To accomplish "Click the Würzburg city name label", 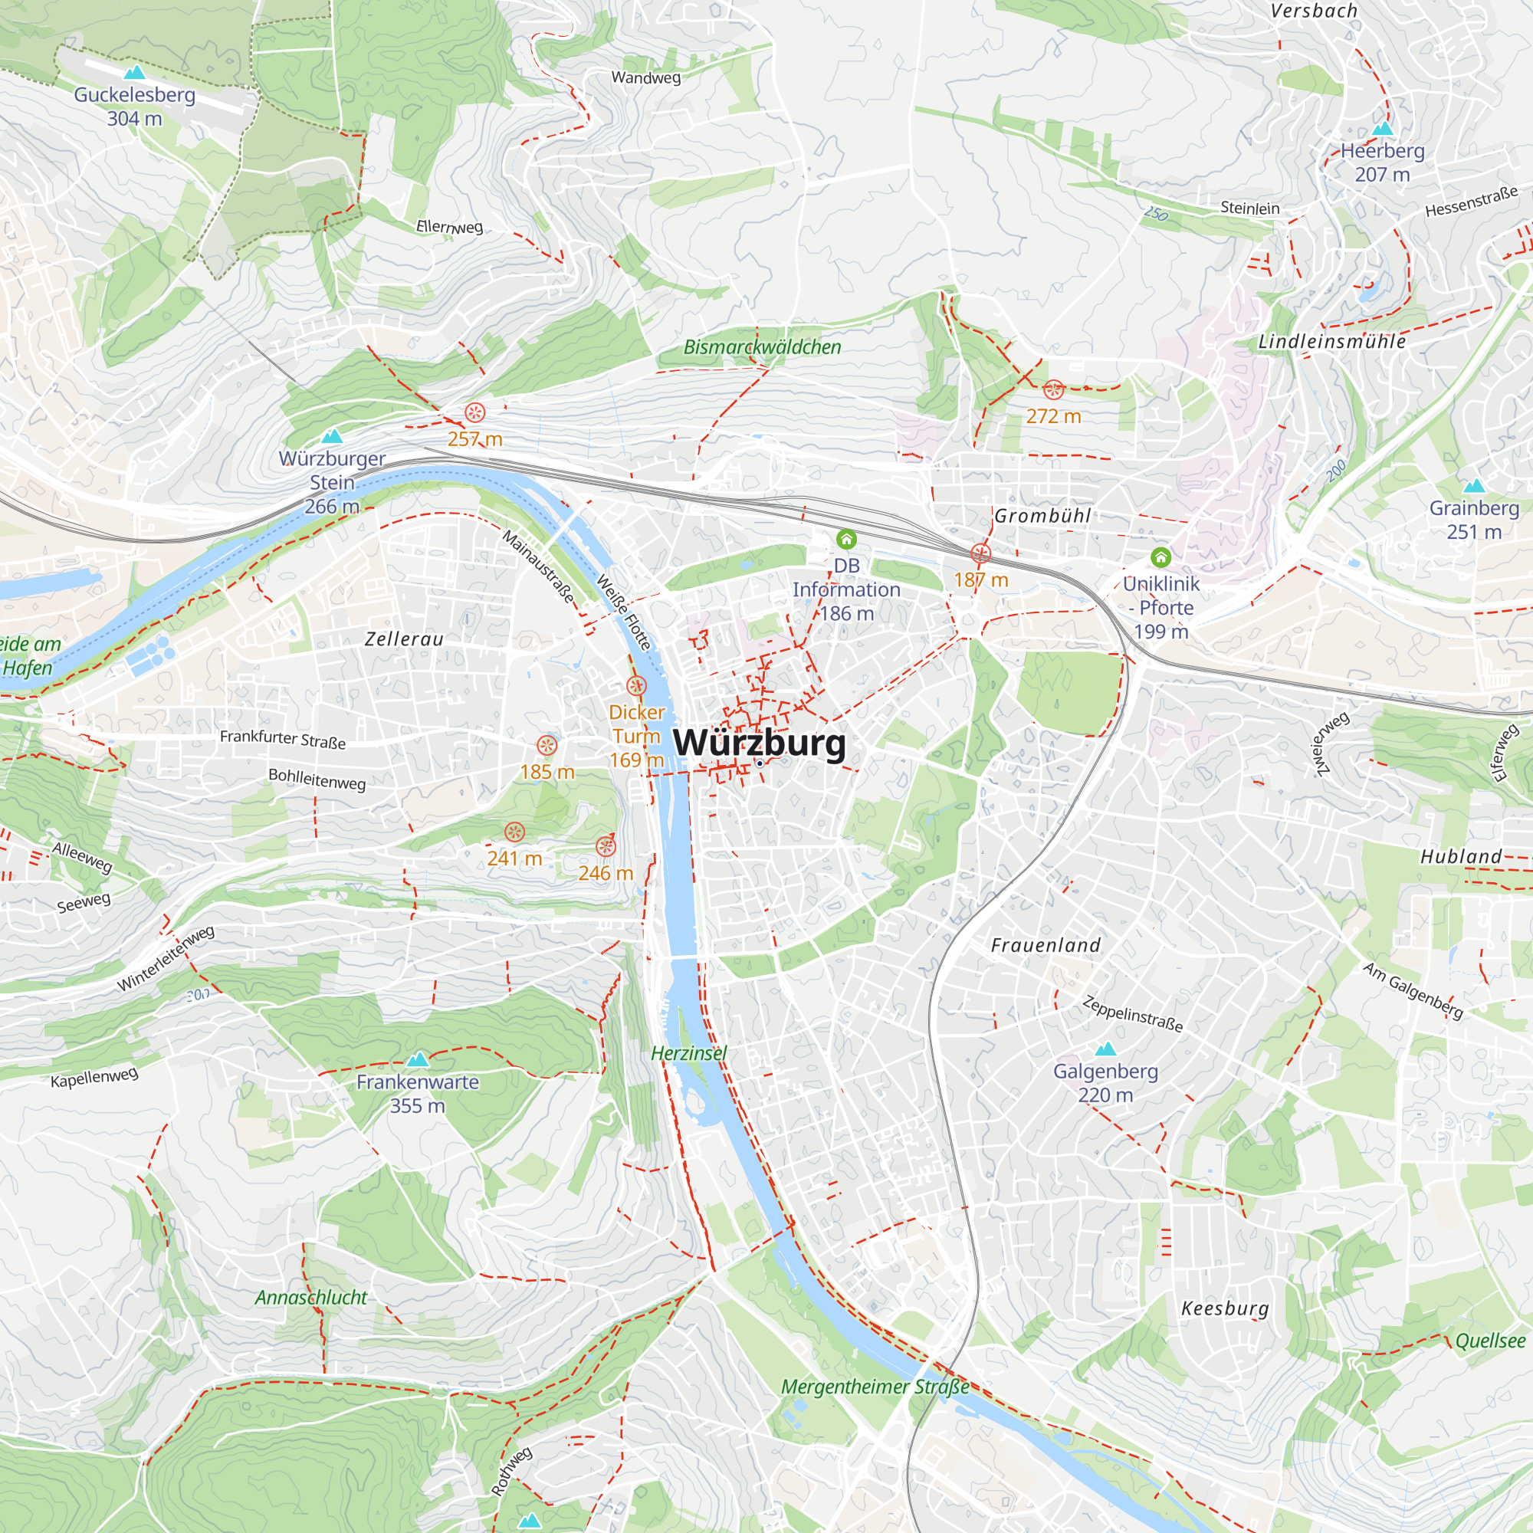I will pyautogui.click(x=760, y=743).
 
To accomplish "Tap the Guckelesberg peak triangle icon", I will pyautogui.click(x=135, y=73).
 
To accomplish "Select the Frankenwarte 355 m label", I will pyautogui.click(x=418, y=1094).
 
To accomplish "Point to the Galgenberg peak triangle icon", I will pyautogui.click(x=1105, y=1050).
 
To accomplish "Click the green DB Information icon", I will pyautogui.click(x=847, y=540).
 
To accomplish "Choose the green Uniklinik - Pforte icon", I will pyautogui.click(x=1160, y=557).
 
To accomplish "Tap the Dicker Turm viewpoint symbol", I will pyautogui.click(x=636, y=685).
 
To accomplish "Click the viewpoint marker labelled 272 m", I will pyautogui.click(x=1053, y=389).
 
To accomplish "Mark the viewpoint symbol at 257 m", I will pyautogui.click(x=474, y=412).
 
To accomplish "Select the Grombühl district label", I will pyautogui.click(x=1042, y=516).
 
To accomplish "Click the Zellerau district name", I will pyautogui.click(x=404, y=638).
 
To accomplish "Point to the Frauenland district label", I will pyautogui.click(x=1046, y=945).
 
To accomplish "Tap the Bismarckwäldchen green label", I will pyautogui.click(x=762, y=346).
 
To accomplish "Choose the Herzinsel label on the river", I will pyautogui.click(x=689, y=1053).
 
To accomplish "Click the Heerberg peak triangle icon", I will pyautogui.click(x=1383, y=129).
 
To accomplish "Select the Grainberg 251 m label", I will pyautogui.click(x=1474, y=520).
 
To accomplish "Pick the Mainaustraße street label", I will pyautogui.click(x=540, y=567).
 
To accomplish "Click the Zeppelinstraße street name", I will pyautogui.click(x=1133, y=1014).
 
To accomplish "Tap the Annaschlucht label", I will pyautogui.click(x=311, y=1298).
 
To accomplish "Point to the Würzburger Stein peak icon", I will pyautogui.click(x=333, y=435).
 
